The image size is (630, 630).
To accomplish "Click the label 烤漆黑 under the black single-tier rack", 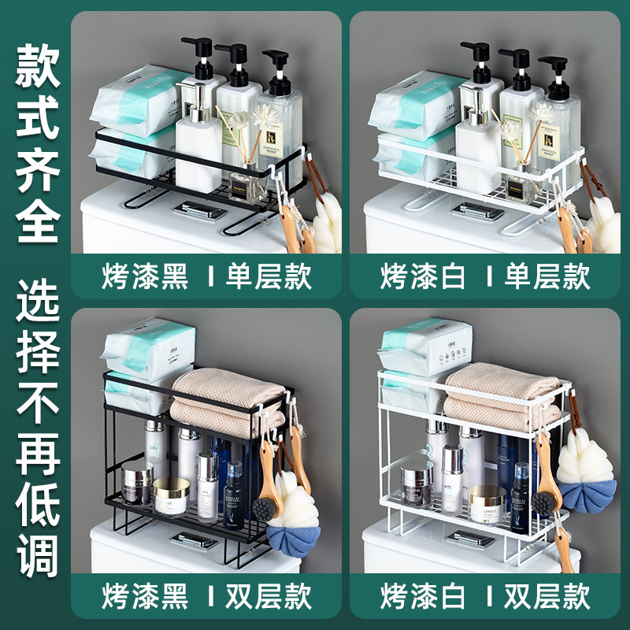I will click(145, 276).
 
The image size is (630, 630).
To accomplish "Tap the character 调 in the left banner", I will click(37, 556).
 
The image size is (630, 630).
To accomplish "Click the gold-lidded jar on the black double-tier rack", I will click(172, 495).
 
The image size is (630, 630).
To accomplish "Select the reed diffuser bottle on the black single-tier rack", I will click(246, 186).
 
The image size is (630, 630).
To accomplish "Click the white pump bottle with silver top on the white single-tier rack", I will click(477, 154).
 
